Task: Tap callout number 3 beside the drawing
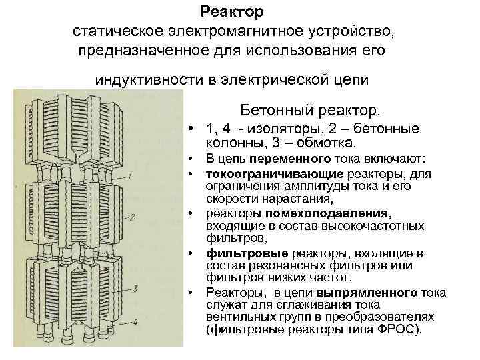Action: tap(135, 288)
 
